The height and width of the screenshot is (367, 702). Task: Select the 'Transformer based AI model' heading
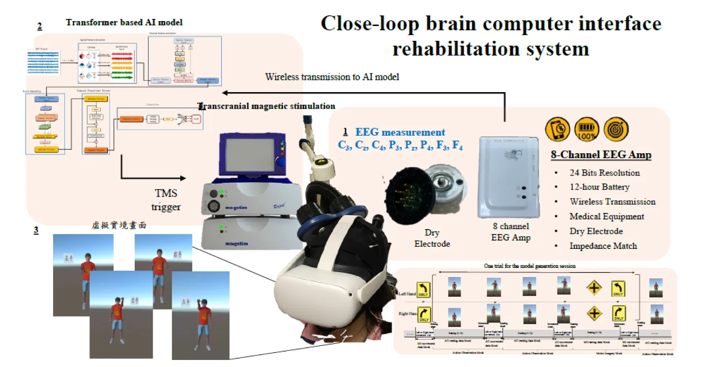tap(124, 22)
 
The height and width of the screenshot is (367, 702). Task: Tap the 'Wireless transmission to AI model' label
tap(332, 77)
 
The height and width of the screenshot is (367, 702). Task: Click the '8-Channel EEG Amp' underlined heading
tap(601, 155)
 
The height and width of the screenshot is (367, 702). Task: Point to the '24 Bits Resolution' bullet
tap(604, 173)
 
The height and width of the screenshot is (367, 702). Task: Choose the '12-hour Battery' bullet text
tap(599, 187)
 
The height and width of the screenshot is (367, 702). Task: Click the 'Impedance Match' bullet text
tap(603, 246)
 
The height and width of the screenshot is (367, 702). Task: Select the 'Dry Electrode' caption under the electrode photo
tap(432, 238)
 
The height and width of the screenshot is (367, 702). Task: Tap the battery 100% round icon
tap(587, 130)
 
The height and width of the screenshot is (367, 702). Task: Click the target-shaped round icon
tap(616, 130)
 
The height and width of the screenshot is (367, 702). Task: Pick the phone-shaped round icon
tap(557, 130)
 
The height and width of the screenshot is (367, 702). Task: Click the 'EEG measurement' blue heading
tap(400, 132)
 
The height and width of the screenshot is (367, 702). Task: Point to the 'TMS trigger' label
tap(166, 200)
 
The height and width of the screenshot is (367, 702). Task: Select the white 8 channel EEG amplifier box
tap(509, 177)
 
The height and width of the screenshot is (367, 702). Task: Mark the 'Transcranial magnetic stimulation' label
tap(267, 106)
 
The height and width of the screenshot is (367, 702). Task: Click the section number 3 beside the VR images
tap(36, 230)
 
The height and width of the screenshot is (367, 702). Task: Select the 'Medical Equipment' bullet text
tap(606, 216)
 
